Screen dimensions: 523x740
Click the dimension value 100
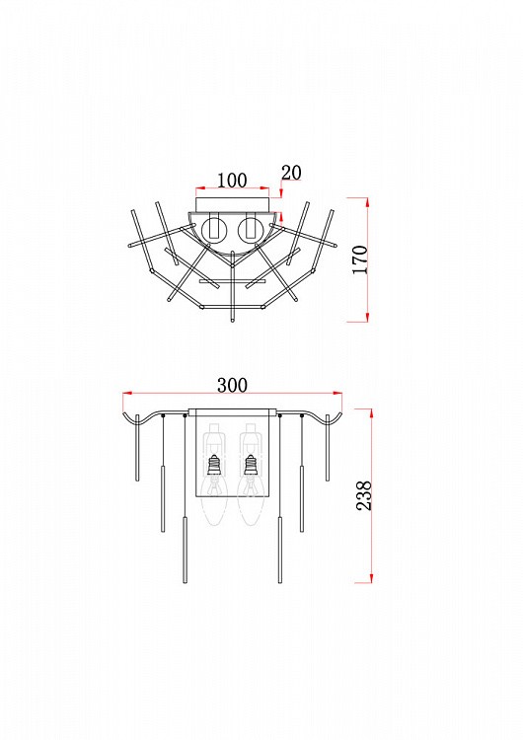[232, 180]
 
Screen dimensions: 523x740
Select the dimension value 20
[291, 173]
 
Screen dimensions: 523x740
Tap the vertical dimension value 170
[360, 259]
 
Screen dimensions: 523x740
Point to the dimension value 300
[232, 385]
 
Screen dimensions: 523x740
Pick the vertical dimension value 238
[364, 495]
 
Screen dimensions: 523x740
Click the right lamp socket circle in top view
[251, 231]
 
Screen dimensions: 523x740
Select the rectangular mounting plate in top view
[232, 204]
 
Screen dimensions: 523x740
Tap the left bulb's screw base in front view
[215, 465]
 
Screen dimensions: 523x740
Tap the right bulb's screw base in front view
[251, 465]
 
